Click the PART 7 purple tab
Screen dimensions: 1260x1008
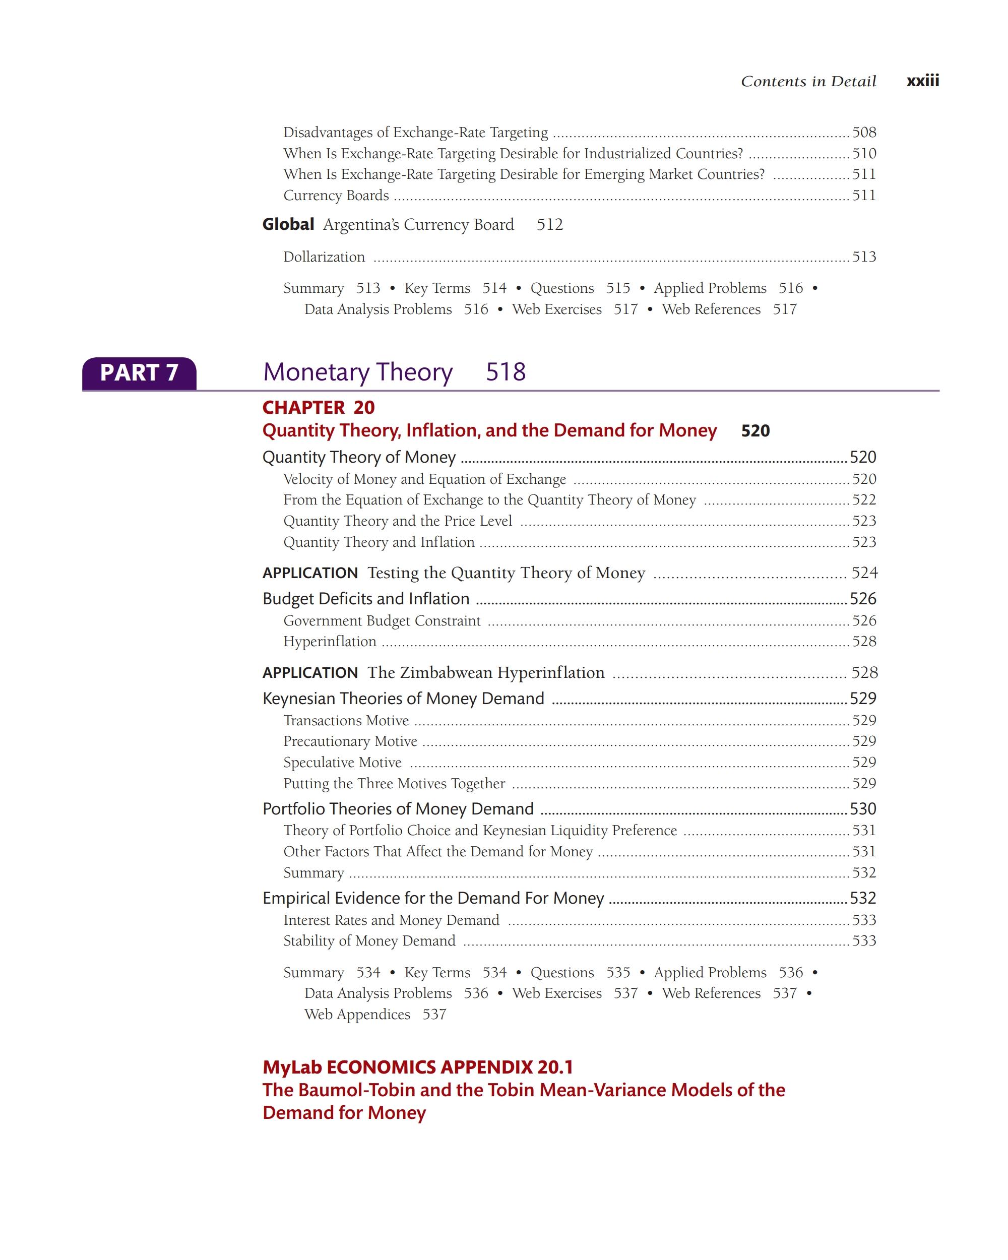coord(139,373)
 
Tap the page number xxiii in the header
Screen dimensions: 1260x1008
coord(922,81)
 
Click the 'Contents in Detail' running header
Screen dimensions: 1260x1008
coord(808,81)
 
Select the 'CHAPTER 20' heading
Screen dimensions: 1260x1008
coord(319,407)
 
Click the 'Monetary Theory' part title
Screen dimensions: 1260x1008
coord(358,372)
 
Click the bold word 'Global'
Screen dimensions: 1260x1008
coord(288,224)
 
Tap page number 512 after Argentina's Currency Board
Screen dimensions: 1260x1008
coord(549,225)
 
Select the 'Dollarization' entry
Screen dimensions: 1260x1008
coord(324,257)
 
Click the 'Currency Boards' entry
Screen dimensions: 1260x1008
coord(336,196)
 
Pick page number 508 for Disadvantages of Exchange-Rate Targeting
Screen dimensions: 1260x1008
coord(864,133)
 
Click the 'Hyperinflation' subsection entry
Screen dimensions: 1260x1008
coord(330,642)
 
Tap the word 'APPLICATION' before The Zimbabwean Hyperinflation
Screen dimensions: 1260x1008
coord(309,673)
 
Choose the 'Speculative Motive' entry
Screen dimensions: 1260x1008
coord(342,763)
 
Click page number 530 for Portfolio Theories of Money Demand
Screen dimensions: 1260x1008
coord(862,809)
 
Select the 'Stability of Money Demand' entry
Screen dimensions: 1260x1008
coord(369,941)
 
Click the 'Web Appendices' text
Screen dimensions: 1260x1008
coord(357,1015)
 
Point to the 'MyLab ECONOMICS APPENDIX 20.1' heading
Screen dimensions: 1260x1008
coord(417,1067)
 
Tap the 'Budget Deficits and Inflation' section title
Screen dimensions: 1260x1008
coord(366,599)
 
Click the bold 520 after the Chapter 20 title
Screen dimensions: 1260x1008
coord(755,431)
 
